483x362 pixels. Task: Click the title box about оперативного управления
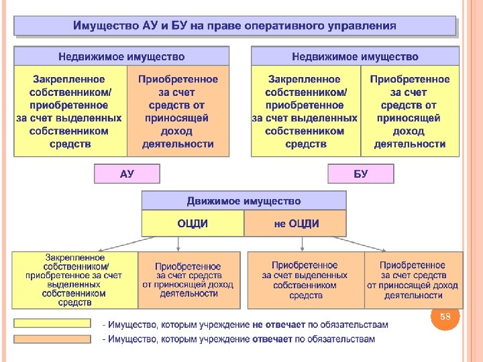(235, 26)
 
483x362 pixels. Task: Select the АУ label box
(127, 174)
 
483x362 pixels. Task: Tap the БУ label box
(361, 174)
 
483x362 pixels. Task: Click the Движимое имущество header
(244, 201)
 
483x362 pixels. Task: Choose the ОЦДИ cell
(193, 224)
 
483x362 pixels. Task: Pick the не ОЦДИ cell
(296, 224)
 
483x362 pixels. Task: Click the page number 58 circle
(445, 316)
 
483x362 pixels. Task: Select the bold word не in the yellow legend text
(258, 324)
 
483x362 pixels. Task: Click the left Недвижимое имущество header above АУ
(121, 56)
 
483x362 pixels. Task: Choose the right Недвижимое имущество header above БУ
(355, 56)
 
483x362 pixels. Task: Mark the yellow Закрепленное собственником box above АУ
(70, 111)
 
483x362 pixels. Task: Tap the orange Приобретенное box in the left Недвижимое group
(178, 111)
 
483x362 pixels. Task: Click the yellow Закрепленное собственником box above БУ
(305, 111)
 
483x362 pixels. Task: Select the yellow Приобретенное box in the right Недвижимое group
(409, 111)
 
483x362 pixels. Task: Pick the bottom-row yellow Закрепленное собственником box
(74, 280)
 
